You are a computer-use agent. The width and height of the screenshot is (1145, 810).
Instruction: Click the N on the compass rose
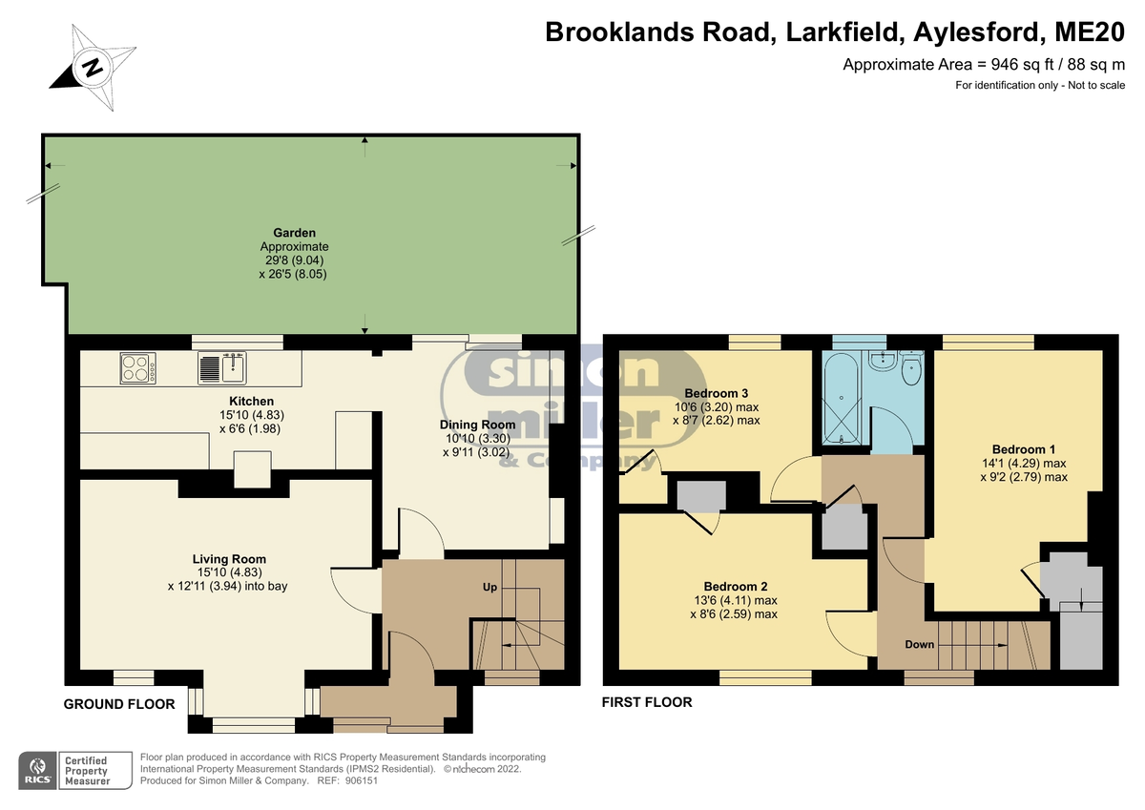pyautogui.click(x=93, y=67)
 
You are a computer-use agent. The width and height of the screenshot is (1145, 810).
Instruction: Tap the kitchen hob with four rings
pyautogui.click(x=138, y=368)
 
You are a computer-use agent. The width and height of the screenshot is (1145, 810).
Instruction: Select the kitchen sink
pyautogui.click(x=222, y=367)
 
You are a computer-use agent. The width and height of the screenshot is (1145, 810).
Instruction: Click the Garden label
pyautogui.click(x=294, y=233)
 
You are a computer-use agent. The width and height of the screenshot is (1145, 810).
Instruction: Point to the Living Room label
pyautogui.click(x=229, y=559)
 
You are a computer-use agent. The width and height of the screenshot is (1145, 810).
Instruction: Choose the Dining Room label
pyautogui.click(x=477, y=425)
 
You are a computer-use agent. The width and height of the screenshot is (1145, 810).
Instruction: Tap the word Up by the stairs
pyautogui.click(x=489, y=587)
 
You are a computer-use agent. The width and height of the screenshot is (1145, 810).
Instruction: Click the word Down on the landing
pyautogui.click(x=920, y=644)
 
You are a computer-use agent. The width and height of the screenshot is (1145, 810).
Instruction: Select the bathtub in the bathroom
pyautogui.click(x=842, y=398)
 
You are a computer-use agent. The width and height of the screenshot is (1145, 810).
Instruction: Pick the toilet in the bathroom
pyautogui.click(x=911, y=369)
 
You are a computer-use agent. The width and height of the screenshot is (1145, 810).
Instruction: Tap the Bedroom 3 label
pyautogui.click(x=717, y=393)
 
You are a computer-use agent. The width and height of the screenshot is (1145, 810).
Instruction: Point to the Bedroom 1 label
pyautogui.click(x=1024, y=449)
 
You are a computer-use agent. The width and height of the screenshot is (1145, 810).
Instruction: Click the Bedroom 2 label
pyautogui.click(x=736, y=587)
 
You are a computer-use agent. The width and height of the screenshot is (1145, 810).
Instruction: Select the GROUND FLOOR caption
pyautogui.click(x=119, y=704)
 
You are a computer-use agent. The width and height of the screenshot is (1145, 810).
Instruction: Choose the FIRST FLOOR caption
pyautogui.click(x=647, y=702)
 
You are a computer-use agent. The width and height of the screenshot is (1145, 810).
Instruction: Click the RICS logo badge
pyautogui.click(x=38, y=770)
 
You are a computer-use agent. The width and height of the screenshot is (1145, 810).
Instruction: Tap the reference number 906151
pyautogui.click(x=362, y=780)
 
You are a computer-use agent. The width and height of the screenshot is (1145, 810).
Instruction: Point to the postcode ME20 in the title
pyautogui.click(x=1090, y=31)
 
